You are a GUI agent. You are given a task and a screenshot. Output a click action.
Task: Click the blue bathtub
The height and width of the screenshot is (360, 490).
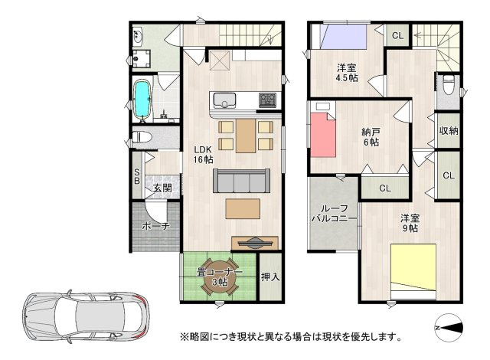pyautogui.click(x=142, y=100)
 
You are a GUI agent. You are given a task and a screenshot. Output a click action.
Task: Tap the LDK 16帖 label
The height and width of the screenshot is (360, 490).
pyautogui.click(x=203, y=154)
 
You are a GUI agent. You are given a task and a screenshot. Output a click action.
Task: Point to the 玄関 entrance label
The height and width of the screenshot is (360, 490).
pyautogui.click(x=161, y=188)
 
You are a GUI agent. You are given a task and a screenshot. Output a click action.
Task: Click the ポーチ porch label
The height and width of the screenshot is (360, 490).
pyautogui.click(x=155, y=227)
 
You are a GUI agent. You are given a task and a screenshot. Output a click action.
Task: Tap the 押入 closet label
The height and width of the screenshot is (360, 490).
pyautogui.click(x=269, y=277)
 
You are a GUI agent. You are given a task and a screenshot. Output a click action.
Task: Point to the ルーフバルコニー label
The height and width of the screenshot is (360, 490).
pyautogui.click(x=334, y=214)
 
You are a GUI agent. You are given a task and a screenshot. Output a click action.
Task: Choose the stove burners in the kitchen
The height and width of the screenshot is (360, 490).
pyautogui.click(x=268, y=100)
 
